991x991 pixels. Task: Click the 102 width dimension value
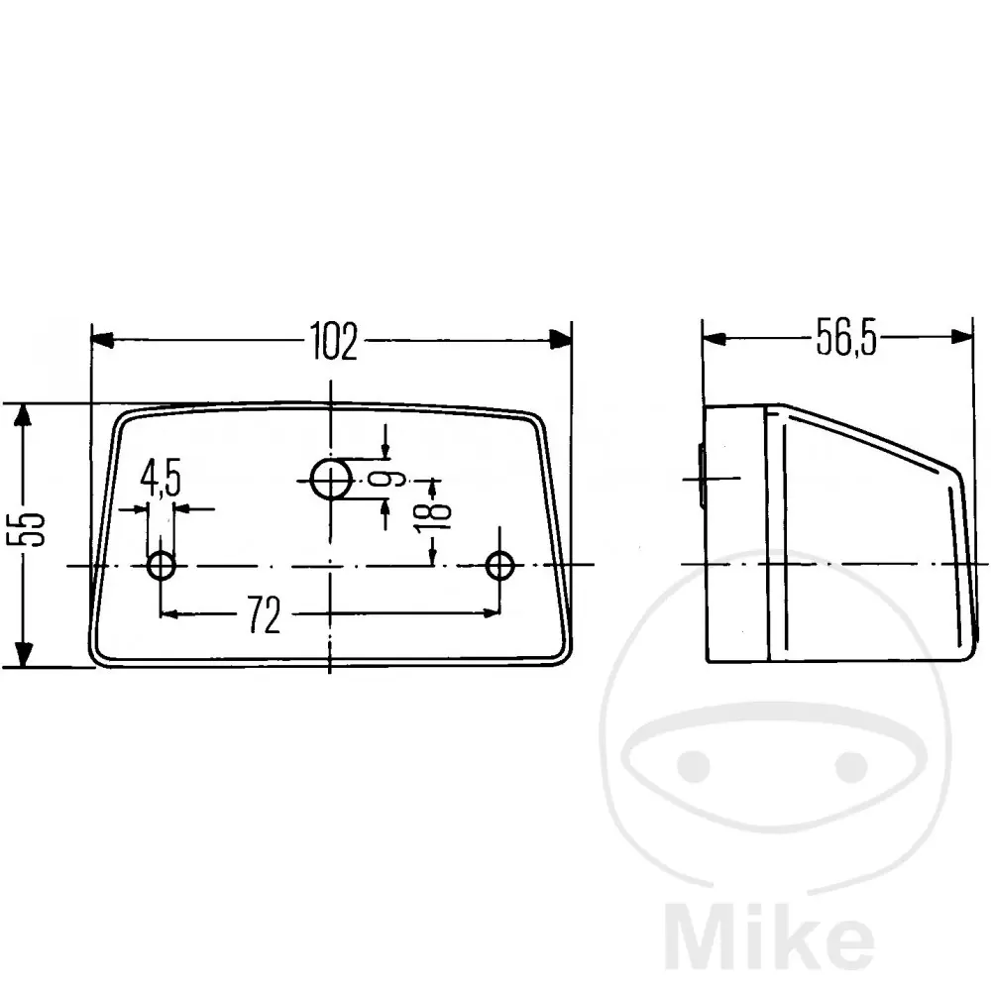pyautogui.click(x=334, y=341)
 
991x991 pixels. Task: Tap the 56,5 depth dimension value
pyautogui.click(x=846, y=337)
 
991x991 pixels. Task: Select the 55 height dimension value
pyautogui.click(x=26, y=529)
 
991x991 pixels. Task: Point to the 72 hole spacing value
pyautogui.click(x=264, y=614)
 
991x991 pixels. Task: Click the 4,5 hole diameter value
pyautogui.click(x=161, y=478)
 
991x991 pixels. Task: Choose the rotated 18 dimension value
pyautogui.click(x=434, y=512)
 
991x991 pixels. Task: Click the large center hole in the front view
pyautogui.click(x=331, y=480)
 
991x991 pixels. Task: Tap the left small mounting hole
pyautogui.click(x=162, y=565)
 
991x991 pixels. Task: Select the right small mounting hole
pyautogui.click(x=499, y=565)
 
